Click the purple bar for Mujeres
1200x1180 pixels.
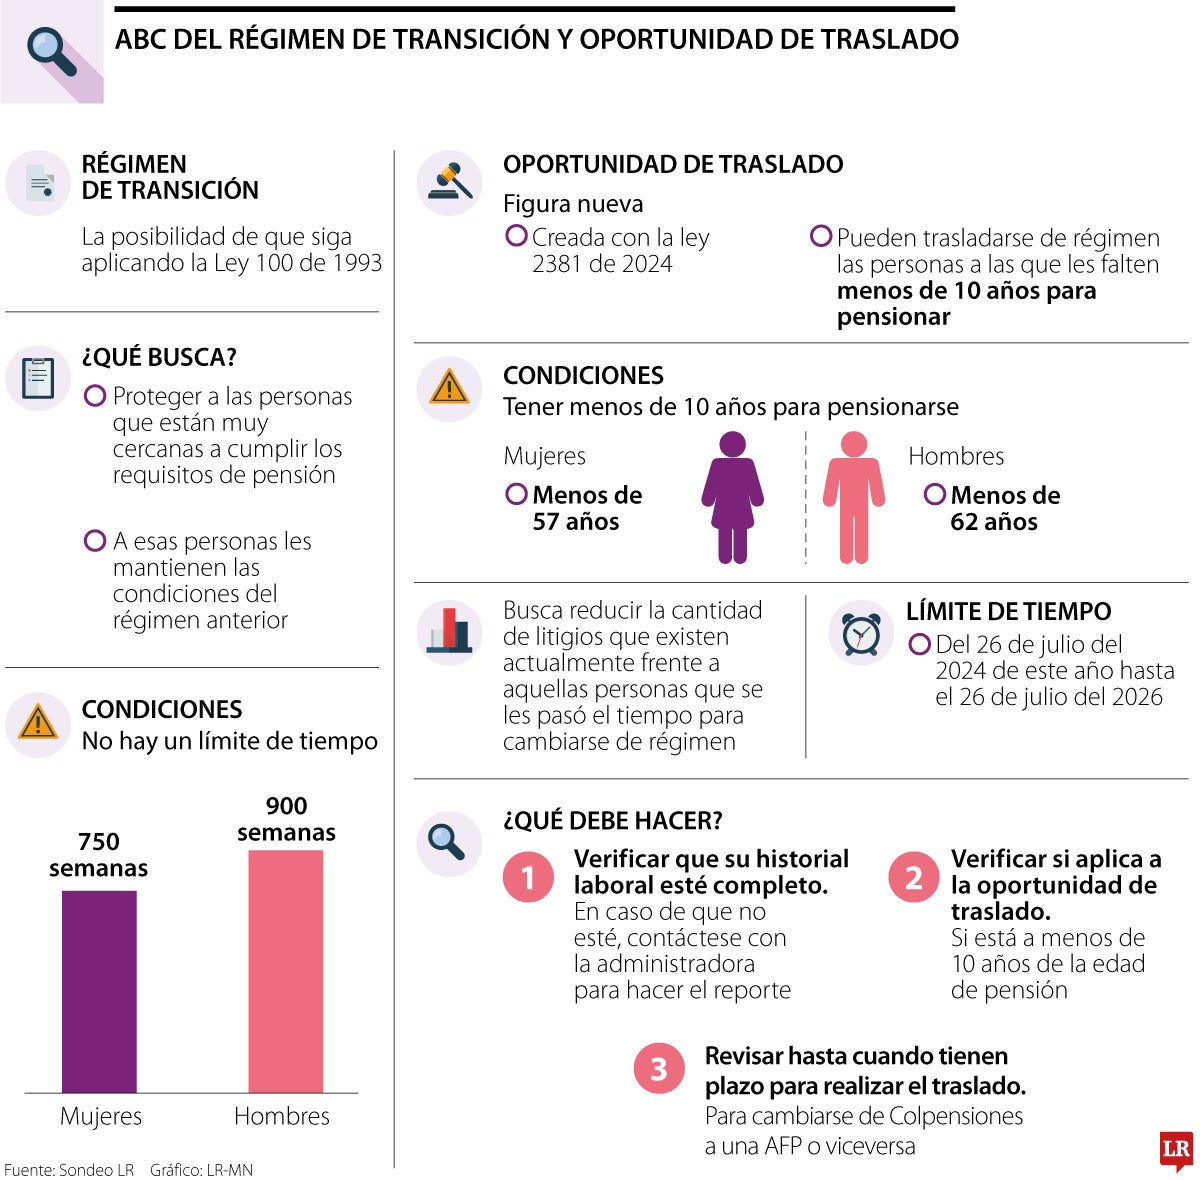tap(99, 991)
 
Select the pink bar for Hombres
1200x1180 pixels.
tap(285, 971)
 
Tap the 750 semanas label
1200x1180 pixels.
tap(98, 855)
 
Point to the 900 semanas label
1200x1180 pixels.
tap(286, 819)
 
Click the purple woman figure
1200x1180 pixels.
tap(732, 497)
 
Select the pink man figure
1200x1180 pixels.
tap(853, 497)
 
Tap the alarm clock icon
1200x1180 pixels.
tap(860, 633)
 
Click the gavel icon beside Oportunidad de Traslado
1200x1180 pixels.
tap(449, 183)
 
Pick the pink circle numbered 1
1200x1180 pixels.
tap(528, 877)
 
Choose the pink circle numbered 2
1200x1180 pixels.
tap(913, 877)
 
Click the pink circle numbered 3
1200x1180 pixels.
tap(659, 1069)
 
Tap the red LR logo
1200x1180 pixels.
tap(1176, 1151)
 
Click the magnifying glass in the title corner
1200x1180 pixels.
tap(52, 51)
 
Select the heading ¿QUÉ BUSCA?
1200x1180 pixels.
tap(159, 357)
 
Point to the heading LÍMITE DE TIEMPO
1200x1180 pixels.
tap(1008, 611)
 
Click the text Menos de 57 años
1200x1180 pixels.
tap(586, 508)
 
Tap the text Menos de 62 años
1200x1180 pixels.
tap(1004, 508)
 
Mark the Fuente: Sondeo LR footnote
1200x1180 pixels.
tap(69, 1170)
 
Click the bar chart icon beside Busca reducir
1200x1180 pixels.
tap(449, 631)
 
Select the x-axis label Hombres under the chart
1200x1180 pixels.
tap(282, 1116)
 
